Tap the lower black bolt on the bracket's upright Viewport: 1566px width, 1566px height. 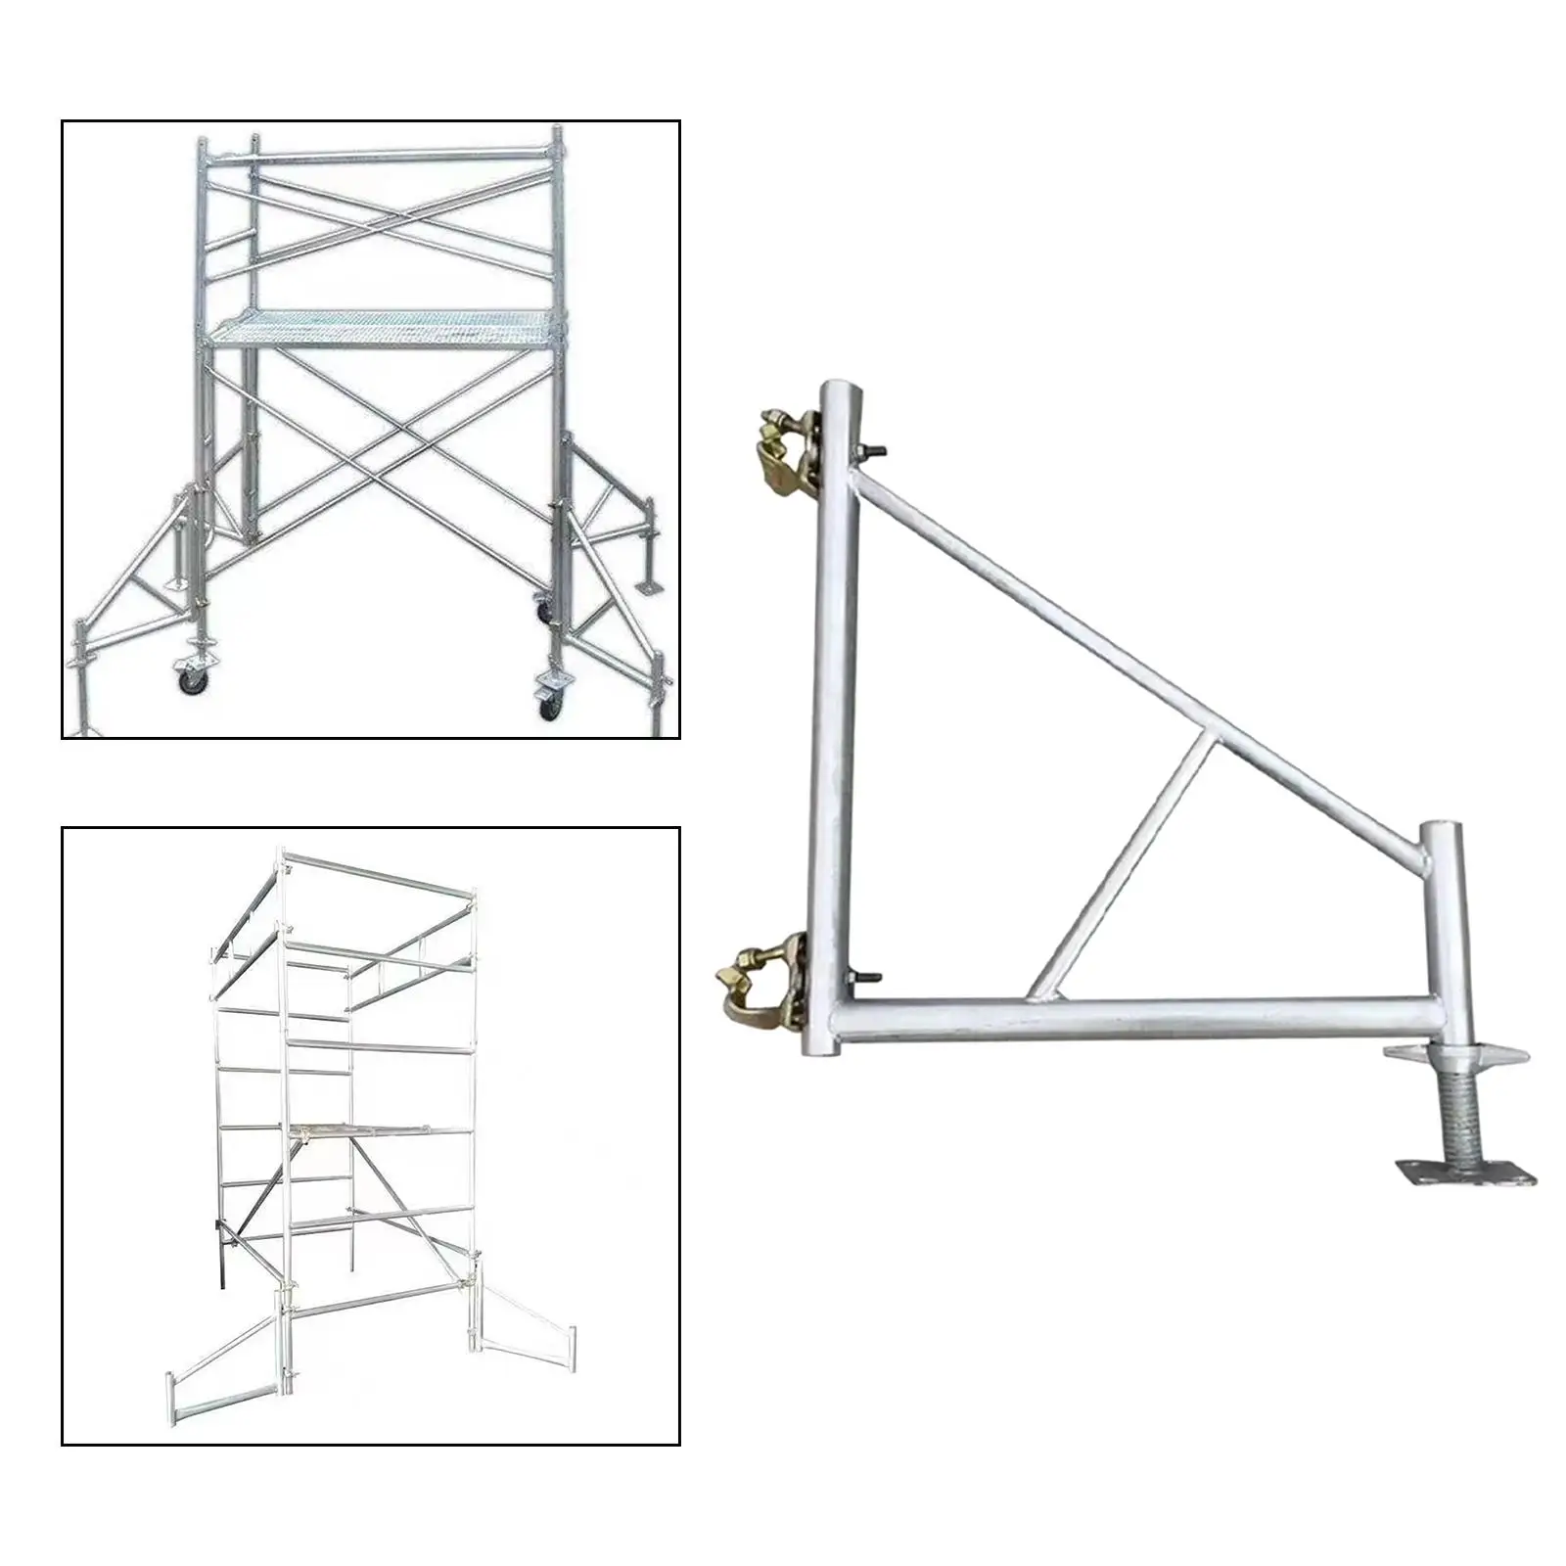[867, 977]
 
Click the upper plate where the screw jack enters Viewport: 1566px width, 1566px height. [1454, 1055]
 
